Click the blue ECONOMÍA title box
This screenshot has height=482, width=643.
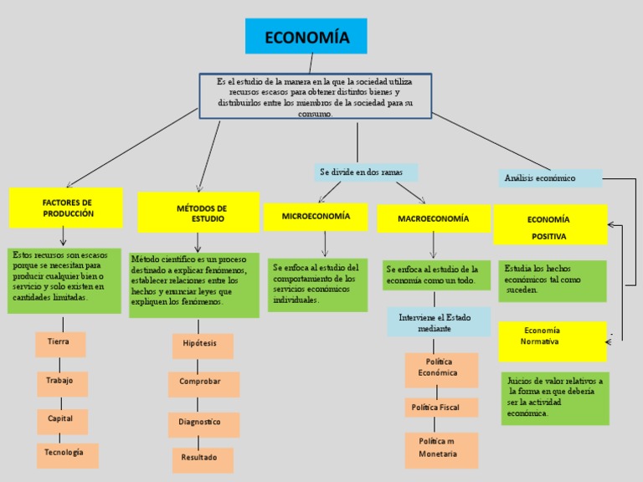pos(307,36)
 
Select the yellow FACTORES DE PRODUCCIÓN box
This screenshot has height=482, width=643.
pos(66,208)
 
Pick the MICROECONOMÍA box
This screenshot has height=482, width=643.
pos(315,217)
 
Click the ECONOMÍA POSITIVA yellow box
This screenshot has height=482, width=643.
pos(549,227)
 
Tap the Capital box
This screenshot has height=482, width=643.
pos(61,420)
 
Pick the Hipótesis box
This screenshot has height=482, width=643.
pos(202,345)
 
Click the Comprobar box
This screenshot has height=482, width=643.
pos(203,383)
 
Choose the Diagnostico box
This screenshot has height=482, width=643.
pos(203,423)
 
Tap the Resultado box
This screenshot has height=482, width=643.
pos(202,459)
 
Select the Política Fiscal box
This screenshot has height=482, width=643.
pos(440,408)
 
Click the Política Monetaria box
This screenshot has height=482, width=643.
pos(440,449)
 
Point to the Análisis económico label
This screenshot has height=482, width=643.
pos(552,178)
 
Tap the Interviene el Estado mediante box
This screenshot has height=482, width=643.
pos(438,322)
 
